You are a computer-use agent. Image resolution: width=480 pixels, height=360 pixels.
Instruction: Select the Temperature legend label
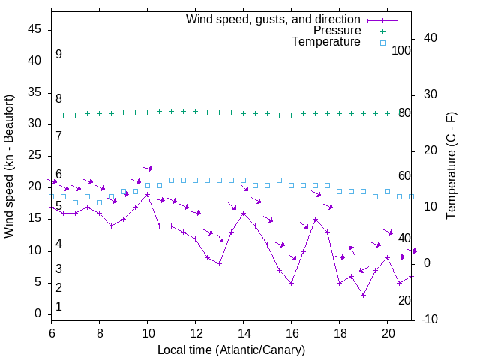[x=326, y=42]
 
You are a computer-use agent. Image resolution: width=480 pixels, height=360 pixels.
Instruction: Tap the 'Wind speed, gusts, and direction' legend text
[x=273, y=19]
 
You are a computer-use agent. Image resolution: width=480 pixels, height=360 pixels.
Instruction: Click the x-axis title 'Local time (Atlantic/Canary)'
[x=231, y=349]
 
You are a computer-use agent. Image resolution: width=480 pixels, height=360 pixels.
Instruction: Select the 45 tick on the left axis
[x=34, y=29]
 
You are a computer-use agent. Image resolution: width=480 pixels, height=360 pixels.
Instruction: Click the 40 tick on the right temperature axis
[x=430, y=38]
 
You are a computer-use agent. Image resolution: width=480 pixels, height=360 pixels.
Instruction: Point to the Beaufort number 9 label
[x=58, y=55]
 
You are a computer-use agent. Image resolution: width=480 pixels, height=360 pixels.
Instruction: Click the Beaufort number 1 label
[x=58, y=306]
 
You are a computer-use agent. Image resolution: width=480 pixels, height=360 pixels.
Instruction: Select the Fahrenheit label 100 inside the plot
[x=401, y=50]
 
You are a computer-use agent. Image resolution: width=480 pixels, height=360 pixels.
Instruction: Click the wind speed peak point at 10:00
[x=147, y=194]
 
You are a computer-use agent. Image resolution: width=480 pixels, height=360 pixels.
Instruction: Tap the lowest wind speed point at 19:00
[x=363, y=295]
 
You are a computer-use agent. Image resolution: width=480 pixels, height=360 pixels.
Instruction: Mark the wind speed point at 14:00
[x=243, y=213]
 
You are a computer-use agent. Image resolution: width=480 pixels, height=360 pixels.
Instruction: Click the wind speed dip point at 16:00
[x=291, y=283]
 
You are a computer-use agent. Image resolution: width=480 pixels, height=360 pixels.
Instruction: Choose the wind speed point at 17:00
[x=315, y=219]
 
